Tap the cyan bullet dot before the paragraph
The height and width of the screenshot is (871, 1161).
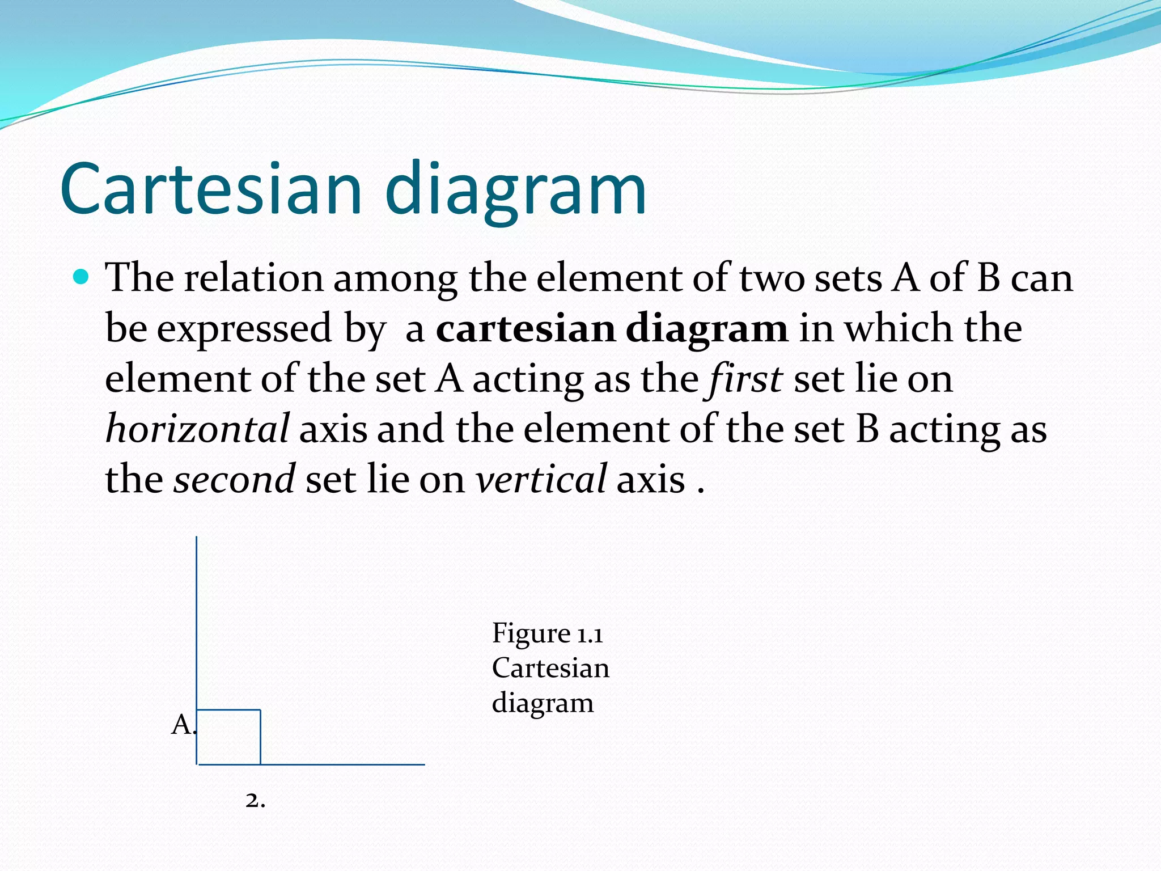(82, 277)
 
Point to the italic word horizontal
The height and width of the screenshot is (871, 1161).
(197, 429)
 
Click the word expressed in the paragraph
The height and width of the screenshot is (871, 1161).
(244, 328)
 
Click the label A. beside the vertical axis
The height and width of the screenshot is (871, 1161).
(183, 725)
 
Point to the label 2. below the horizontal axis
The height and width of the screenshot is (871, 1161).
(255, 801)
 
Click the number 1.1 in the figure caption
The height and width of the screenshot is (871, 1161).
(590, 633)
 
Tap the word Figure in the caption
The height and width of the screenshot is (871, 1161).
(531, 633)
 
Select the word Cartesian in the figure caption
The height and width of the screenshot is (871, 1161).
(550, 668)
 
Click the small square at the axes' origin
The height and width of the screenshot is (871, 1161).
(228, 737)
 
